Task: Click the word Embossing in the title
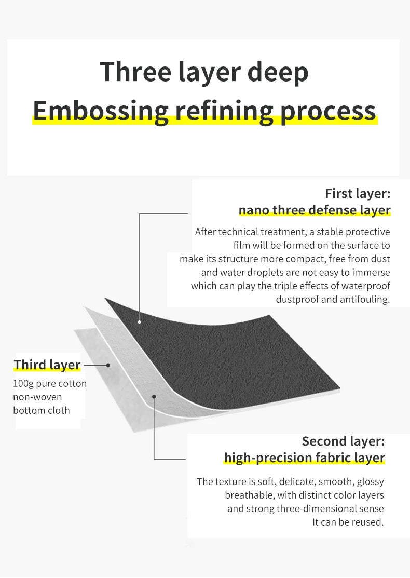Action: (x=101, y=111)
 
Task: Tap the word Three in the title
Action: (x=135, y=72)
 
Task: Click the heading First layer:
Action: (x=358, y=193)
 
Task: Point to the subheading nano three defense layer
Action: (x=315, y=210)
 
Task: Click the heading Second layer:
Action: (x=344, y=441)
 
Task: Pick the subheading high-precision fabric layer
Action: (x=305, y=458)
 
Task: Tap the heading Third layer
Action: (x=47, y=365)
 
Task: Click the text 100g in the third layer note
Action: (x=23, y=384)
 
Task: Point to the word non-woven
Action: (x=37, y=397)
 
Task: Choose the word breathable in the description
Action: (x=250, y=495)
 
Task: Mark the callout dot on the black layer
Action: (x=140, y=322)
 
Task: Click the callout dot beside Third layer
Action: (x=108, y=365)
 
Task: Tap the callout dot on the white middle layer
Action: (x=154, y=397)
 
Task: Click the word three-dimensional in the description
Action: (x=313, y=509)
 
